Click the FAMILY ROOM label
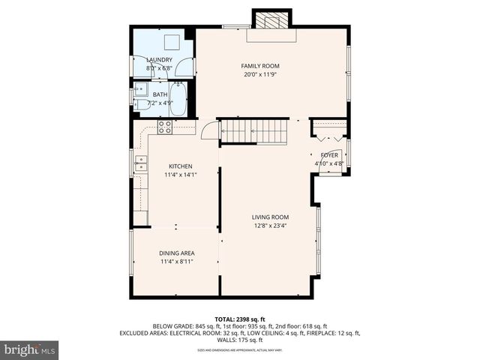coord(259,66)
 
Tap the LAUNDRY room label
coord(159,60)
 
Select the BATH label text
coord(160,94)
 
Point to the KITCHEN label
coord(180,166)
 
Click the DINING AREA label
coord(176,253)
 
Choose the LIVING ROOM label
coord(270,217)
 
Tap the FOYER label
coord(329,154)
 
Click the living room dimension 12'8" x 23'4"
coord(270,225)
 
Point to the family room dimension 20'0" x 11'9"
coord(259,74)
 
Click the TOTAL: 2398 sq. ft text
coord(240,319)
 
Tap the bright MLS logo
coord(30,349)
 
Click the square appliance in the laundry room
coord(172,41)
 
